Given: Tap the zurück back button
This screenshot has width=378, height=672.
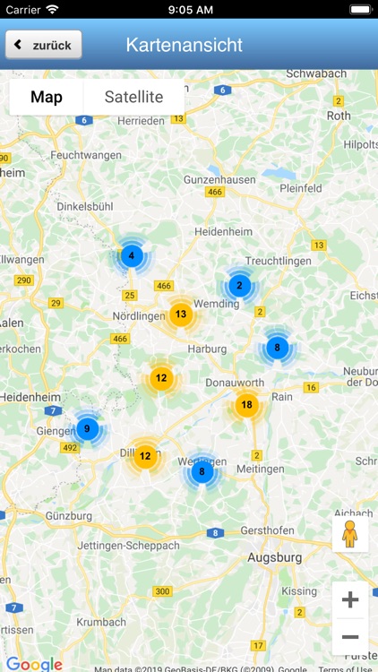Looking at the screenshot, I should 44,45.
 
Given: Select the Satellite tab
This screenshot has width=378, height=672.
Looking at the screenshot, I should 133,97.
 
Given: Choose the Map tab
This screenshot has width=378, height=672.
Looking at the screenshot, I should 47,97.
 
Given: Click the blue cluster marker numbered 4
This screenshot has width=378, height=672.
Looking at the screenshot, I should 132,256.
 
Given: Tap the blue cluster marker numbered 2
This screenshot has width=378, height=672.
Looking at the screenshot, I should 239,286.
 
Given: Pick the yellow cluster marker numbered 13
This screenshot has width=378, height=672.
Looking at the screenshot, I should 181,314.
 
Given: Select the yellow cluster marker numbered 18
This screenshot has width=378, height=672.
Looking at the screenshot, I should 247,405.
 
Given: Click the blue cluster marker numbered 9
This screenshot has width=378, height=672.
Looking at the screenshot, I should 87,429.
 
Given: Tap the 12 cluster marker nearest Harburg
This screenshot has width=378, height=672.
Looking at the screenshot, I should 161,378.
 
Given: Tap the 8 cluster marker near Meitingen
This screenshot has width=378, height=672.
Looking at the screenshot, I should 202,471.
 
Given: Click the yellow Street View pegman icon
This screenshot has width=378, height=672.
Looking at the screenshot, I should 349,535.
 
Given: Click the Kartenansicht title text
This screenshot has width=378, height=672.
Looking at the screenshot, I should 185,45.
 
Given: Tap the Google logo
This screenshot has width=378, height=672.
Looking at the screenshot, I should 34,664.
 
